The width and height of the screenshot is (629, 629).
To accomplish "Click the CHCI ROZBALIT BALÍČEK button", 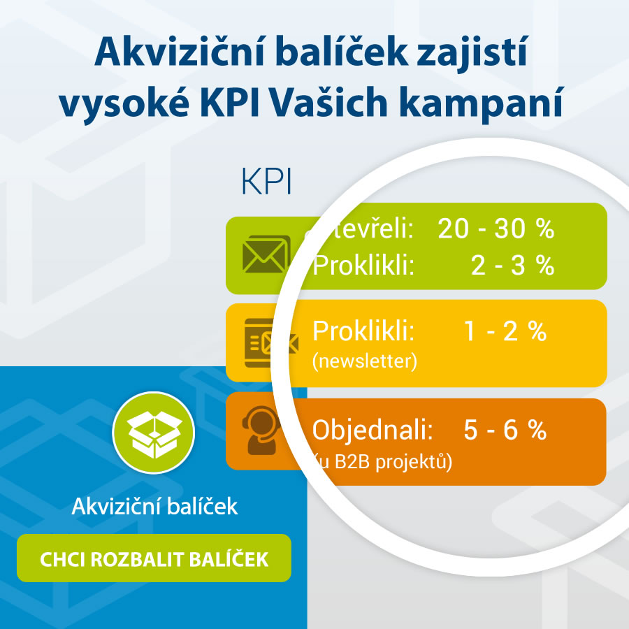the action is click(154, 558).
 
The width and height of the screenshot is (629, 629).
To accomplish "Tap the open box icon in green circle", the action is click(154, 433).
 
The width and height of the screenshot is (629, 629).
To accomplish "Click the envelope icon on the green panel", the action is click(265, 254).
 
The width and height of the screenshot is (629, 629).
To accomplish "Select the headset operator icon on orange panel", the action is click(261, 431).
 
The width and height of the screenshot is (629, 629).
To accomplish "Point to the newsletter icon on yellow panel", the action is click(270, 343).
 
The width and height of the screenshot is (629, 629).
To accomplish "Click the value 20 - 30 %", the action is click(496, 229).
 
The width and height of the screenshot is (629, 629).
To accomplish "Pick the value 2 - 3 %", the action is click(513, 265).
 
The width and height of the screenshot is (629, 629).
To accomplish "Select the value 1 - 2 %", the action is click(505, 331).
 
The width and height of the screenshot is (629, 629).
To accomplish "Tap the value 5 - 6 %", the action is click(505, 430).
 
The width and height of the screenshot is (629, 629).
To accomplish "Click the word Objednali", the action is click(373, 430).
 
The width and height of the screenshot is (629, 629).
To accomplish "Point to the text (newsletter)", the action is click(365, 361).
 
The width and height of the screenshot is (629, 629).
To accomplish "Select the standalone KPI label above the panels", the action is click(266, 181).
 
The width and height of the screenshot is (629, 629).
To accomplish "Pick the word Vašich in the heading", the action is click(328, 103).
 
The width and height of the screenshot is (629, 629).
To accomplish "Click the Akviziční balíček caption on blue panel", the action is click(154, 506).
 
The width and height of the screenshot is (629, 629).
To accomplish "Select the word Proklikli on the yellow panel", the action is click(363, 331).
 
